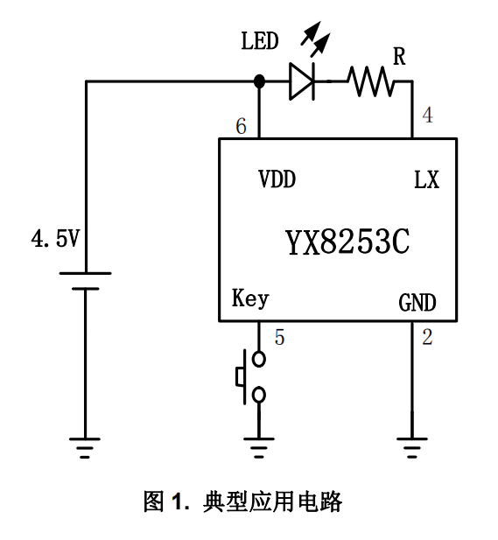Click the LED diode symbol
pyautogui.click(x=302, y=81)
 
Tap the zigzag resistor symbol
pyautogui.click(x=371, y=81)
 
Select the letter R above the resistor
pyautogui.click(x=399, y=56)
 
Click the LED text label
pyautogui.click(x=260, y=41)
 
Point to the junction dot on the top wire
pyautogui.click(x=259, y=81)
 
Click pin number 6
pyautogui.click(x=241, y=126)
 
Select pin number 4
pyautogui.click(x=427, y=115)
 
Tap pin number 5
pyautogui.click(x=279, y=337)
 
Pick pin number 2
pyautogui.click(x=427, y=337)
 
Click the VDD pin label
pyautogui.click(x=277, y=179)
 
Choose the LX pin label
pyautogui.click(x=426, y=179)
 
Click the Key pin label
pyautogui.click(x=250, y=298)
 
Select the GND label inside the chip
pyautogui.click(x=417, y=303)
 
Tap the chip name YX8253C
pyautogui.click(x=347, y=242)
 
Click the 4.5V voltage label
pyautogui.click(x=55, y=239)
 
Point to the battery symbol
pyautogui.click(x=85, y=281)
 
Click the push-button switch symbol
pyautogui.click(x=250, y=376)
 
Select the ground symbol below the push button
pyautogui.click(x=259, y=448)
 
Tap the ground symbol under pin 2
pyautogui.click(x=412, y=448)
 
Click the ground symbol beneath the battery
pyautogui.click(x=85, y=448)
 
